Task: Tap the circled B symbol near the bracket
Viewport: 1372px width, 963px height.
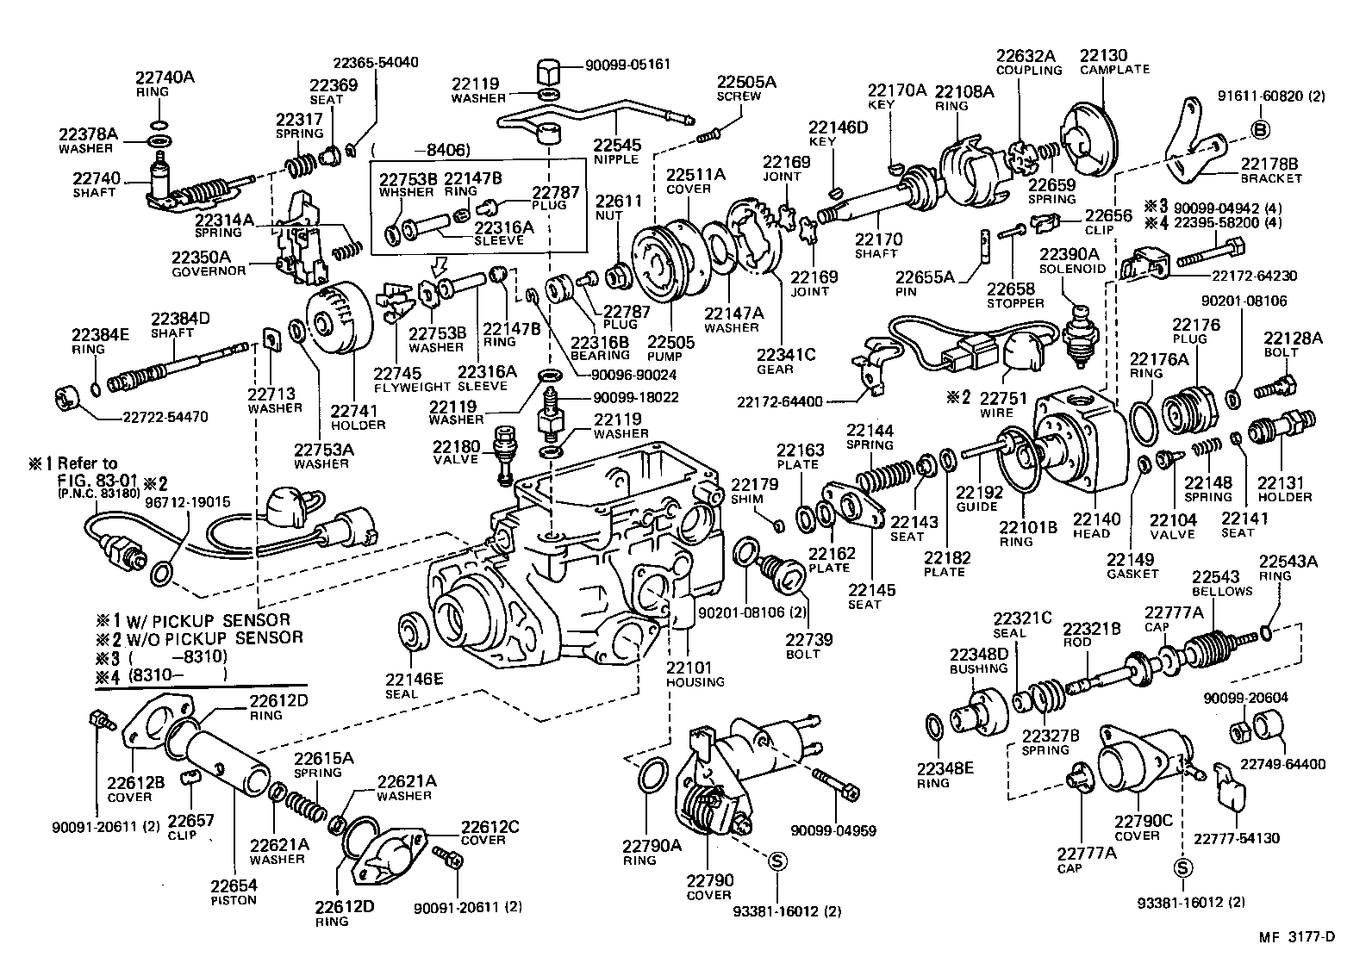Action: coord(1260,130)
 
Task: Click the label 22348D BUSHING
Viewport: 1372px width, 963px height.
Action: coord(978,661)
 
